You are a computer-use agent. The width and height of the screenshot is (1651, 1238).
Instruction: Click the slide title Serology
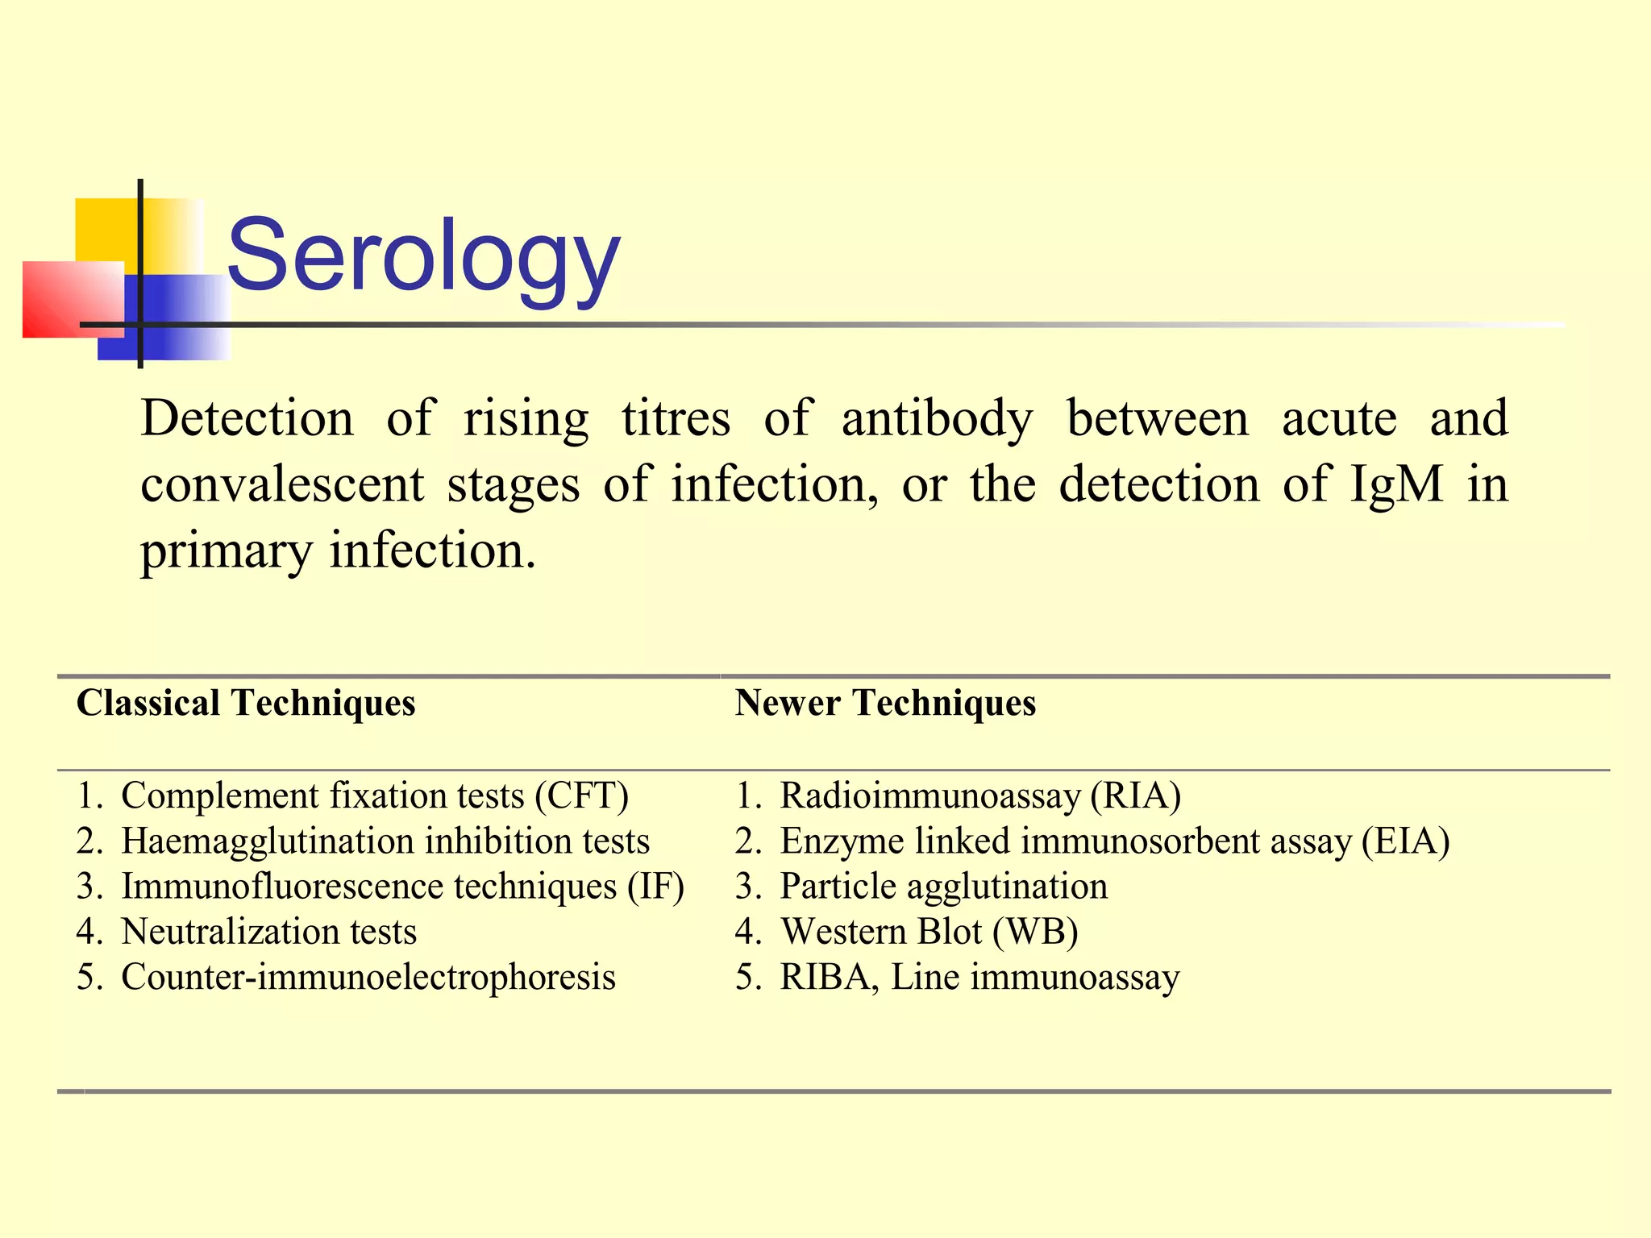click(x=424, y=256)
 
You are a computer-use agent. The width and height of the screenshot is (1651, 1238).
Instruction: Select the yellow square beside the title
click(x=105, y=230)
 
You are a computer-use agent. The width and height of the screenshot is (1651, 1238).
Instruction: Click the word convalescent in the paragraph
click(x=282, y=484)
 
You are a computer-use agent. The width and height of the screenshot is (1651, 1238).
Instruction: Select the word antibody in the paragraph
click(x=937, y=419)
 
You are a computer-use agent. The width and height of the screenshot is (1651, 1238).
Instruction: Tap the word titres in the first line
click(x=676, y=419)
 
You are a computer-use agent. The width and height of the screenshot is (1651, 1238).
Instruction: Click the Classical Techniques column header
click(x=246, y=703)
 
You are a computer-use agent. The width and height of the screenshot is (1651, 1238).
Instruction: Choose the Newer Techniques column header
click(x=885, y=703)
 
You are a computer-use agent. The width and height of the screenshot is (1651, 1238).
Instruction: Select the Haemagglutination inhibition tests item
click(x=385, y=841)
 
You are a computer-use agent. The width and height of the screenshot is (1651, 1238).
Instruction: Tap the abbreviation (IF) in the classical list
click(x=656, y=887)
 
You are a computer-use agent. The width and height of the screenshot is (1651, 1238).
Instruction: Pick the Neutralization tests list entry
click(x=268, y=932)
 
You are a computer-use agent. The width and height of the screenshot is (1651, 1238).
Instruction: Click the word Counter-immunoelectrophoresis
click(x=368, y=977)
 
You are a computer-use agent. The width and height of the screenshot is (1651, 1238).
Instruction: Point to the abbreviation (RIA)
click(x=1136, y=796)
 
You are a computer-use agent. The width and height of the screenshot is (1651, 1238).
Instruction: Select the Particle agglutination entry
click(x=943, y=887)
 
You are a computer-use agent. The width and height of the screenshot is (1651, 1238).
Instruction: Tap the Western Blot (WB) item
click(x=929, y=932)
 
